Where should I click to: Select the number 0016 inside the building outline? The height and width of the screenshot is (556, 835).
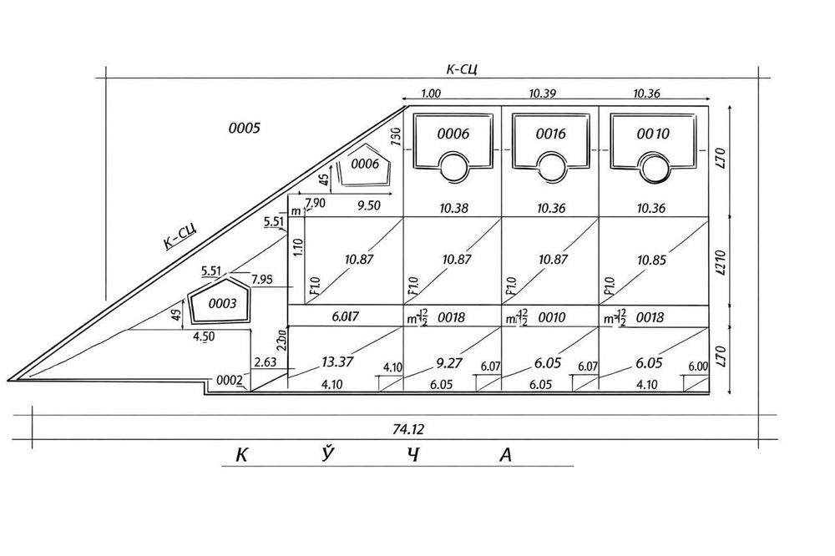pos(551,134)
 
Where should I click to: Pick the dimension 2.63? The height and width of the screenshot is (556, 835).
pos(264,361)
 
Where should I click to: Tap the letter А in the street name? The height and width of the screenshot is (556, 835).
pos(504,455)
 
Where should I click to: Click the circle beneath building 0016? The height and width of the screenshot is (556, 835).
pos(551,166)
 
